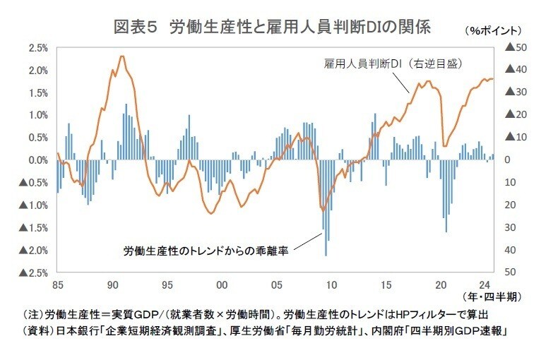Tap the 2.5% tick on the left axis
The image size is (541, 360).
(37, 48)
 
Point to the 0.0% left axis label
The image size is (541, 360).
(37, 160)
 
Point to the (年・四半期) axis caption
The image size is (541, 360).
(487, 297)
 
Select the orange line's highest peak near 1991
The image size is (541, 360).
(122, 56)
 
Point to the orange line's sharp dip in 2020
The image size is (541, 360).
(445, 145)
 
